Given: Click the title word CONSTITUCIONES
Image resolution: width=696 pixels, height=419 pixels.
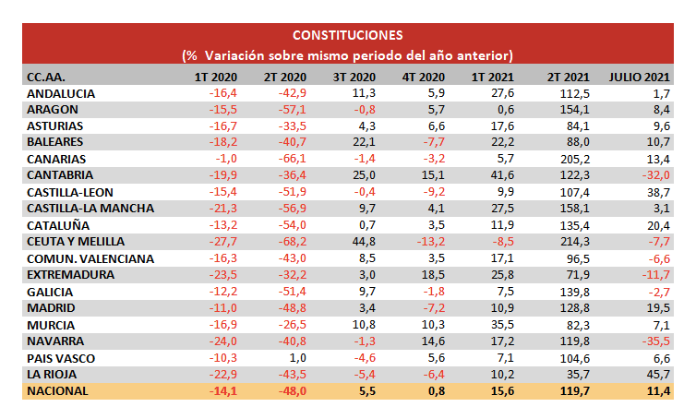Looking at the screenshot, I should point(347,36).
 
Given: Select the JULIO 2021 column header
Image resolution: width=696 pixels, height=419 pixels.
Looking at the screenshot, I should point(639,77).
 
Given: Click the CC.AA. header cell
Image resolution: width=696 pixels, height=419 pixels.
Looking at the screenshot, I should point(46,77).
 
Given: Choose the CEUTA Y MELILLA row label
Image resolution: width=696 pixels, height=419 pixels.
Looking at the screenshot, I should point(75,242).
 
